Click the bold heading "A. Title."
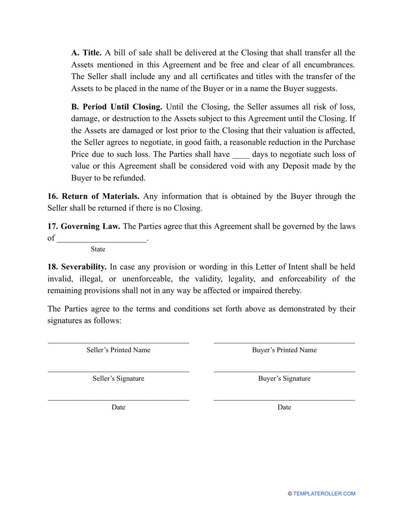coord(86,53)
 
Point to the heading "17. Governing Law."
coord(84,227)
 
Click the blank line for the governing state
coord(101,239)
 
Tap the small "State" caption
coord(98,249)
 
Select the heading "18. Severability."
coord(77,267)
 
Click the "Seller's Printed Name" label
coord(118,350)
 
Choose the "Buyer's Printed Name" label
coord(284,350)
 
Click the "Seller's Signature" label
coord(118,379)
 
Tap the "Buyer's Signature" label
coord(284,379)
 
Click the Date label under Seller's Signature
coord(118,407)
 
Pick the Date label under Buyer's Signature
coord(284,407)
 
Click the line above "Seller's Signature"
coord(118,372)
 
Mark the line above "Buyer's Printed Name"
coord(284,343)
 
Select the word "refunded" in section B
coord(127,178)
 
